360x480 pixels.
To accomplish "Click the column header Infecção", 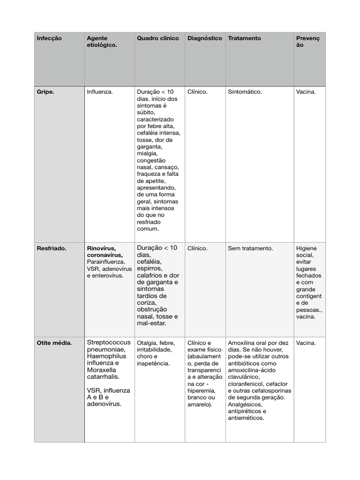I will (x=49, y=38).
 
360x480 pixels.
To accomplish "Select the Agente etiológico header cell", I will (x=102, y=42).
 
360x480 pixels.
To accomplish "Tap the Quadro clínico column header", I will (x=157, y=38).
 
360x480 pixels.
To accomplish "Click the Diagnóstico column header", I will (x=205, y=38).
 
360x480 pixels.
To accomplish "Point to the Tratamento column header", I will (x=244, y=38).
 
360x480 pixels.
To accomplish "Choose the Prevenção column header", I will (x=307, y=42).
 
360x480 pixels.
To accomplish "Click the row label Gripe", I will (x=45, y=92).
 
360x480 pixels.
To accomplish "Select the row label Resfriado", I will (x=52, y=248).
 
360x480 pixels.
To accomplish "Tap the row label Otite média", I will (x=54, y=343).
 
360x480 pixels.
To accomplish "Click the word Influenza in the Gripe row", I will (x=100, y=92).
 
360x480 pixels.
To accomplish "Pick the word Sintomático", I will (x=245, y=92).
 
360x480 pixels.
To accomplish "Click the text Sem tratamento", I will (x=250, y=248).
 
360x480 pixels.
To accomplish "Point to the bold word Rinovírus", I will (x=101, y=248).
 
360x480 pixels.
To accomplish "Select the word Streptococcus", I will (x=109, y=343).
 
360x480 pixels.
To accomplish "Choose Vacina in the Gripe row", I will (x=306, y=92).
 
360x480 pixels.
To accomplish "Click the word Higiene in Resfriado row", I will (x=307, y=248).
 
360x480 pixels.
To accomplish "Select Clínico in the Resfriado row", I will (x=197, y=248).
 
